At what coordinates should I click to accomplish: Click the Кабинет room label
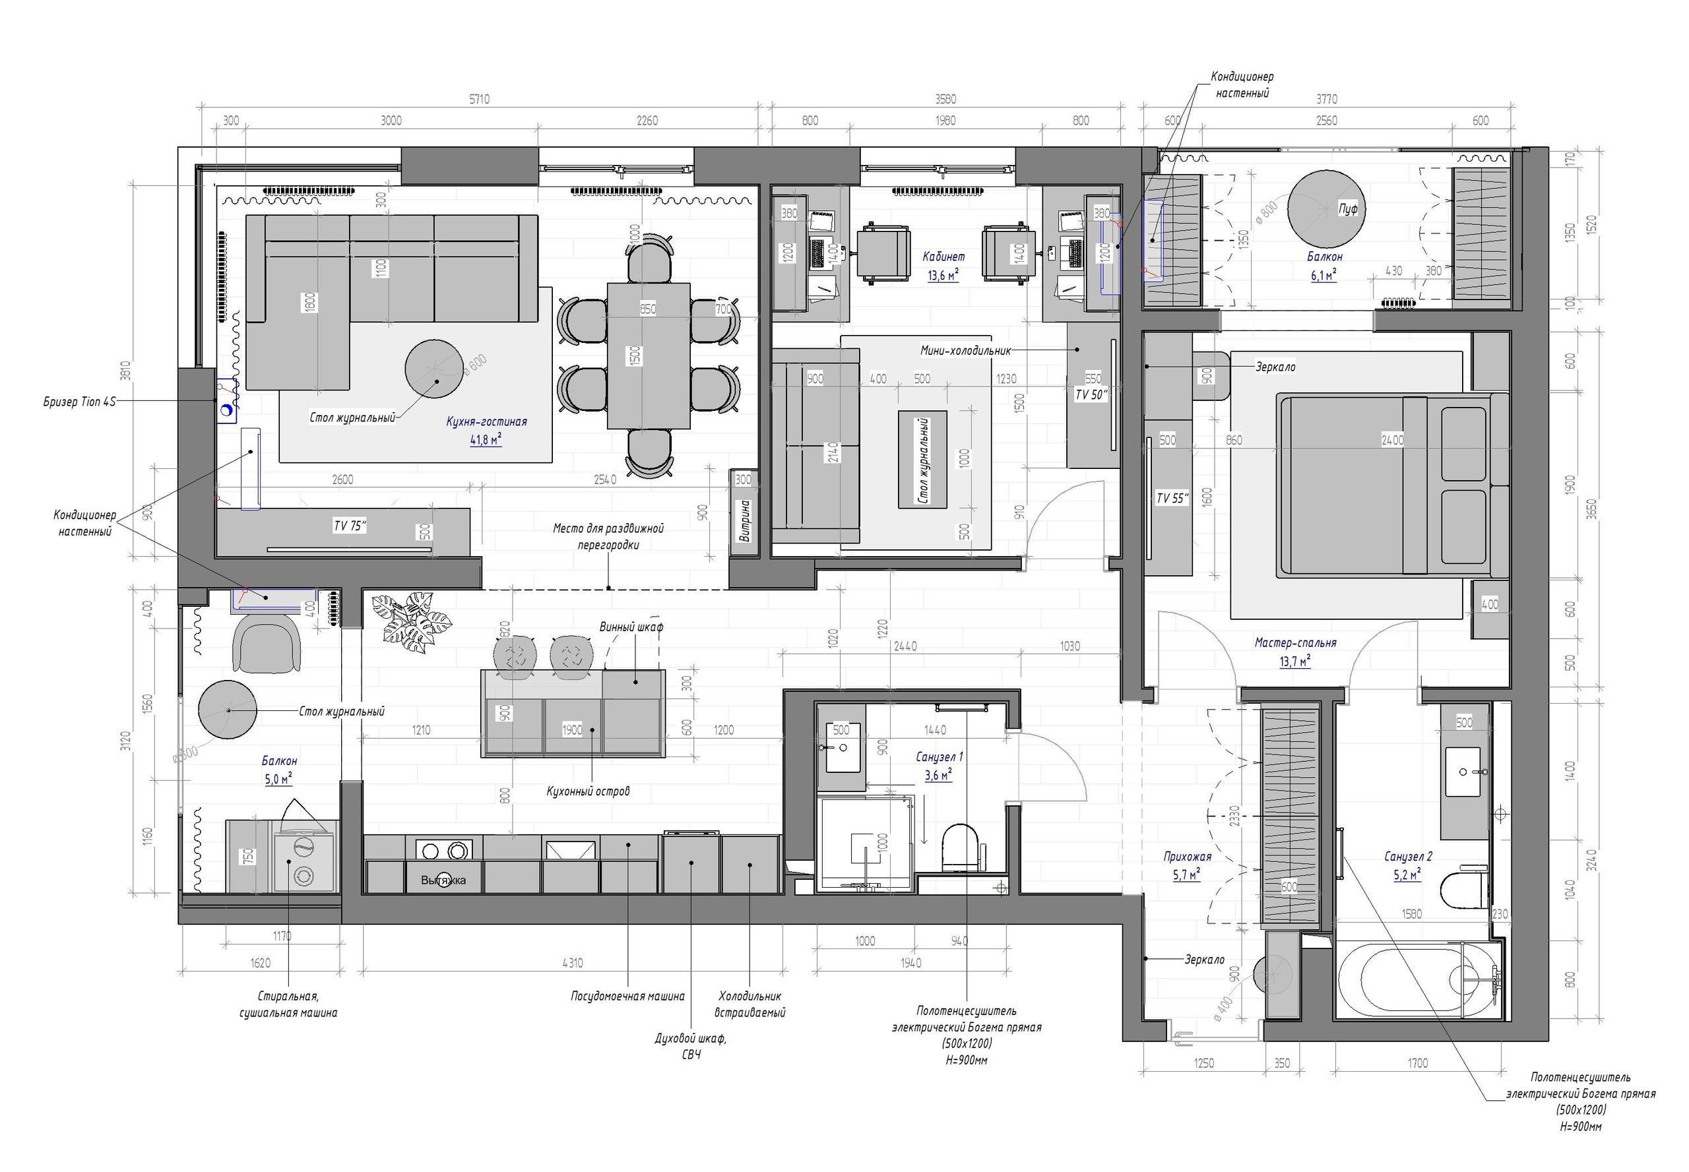point(943,257)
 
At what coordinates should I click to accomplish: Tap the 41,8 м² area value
point(486,441)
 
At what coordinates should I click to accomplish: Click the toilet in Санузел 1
point(959,848)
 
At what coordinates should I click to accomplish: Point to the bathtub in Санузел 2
point(1415,981)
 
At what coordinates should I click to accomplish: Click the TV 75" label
point(350,526)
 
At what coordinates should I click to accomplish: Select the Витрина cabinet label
point(745,522)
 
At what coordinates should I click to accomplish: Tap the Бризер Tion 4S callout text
point(79,402)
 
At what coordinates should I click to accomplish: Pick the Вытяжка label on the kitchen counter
point(443,880)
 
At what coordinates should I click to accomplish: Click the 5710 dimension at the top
point(479,99)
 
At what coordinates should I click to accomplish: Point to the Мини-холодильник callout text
point(965,351)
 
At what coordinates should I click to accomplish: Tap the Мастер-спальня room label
point(1294,643)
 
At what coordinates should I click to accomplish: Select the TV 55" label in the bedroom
point(1171,499)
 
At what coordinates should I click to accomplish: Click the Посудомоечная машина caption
point(627,997)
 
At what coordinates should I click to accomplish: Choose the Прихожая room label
point(1187,856)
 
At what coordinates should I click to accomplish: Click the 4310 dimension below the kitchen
point(571,964)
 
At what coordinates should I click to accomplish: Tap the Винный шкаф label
point(631,627)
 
